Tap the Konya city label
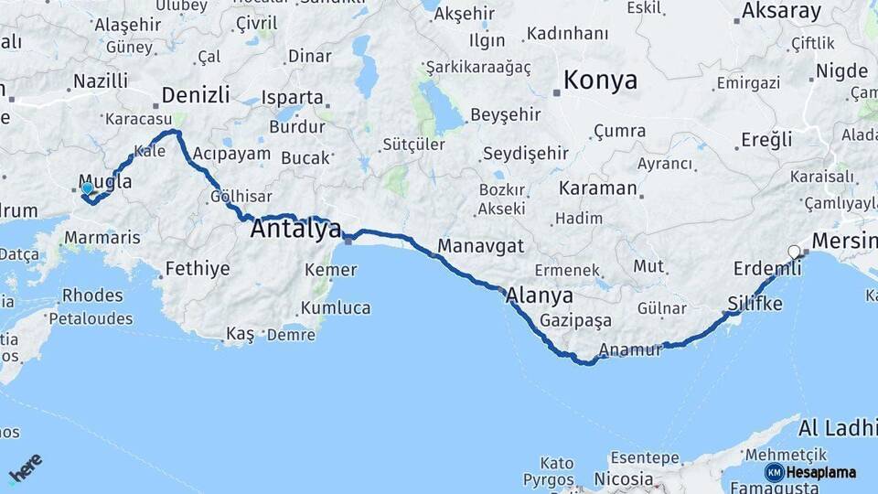tap(600, 81)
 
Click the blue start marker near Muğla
tap(87, 188)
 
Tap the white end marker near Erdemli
tap(794, 252)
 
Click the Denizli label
tap(194, 94)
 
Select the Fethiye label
tap(198, 269)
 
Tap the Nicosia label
tap(623, 478)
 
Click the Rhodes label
tap(91, 295)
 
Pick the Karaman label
tap(597, 188)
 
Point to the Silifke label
tap(755, 303)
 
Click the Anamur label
tap(629, 349)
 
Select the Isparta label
tap(293, 97)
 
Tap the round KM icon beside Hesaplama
tap(775, 472)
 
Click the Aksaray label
tap(781, 11)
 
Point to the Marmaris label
tap(102, 238)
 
